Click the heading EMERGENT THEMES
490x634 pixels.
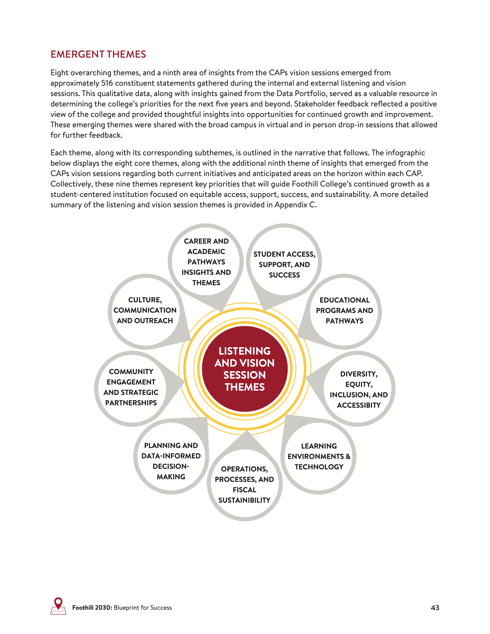[98, 54]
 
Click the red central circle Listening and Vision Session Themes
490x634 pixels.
[244, 369]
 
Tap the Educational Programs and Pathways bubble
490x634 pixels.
[344, 311]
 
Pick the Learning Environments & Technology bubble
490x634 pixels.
[319, 456]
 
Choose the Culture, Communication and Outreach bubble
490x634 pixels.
[145, 310]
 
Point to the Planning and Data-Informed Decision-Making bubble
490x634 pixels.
[171, 461]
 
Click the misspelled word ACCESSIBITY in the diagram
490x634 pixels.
[359, 405]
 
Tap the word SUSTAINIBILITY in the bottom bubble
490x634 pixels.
[244, 500]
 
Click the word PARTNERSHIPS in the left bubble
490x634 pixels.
[131, 403]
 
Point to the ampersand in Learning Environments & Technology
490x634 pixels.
[348, 457]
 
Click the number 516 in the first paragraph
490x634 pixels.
[107, 83]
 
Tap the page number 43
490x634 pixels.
[435, 608]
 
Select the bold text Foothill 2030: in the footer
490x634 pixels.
[92, 608]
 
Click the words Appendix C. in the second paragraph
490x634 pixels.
[295, 205]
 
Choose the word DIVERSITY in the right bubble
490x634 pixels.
[358, 374]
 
